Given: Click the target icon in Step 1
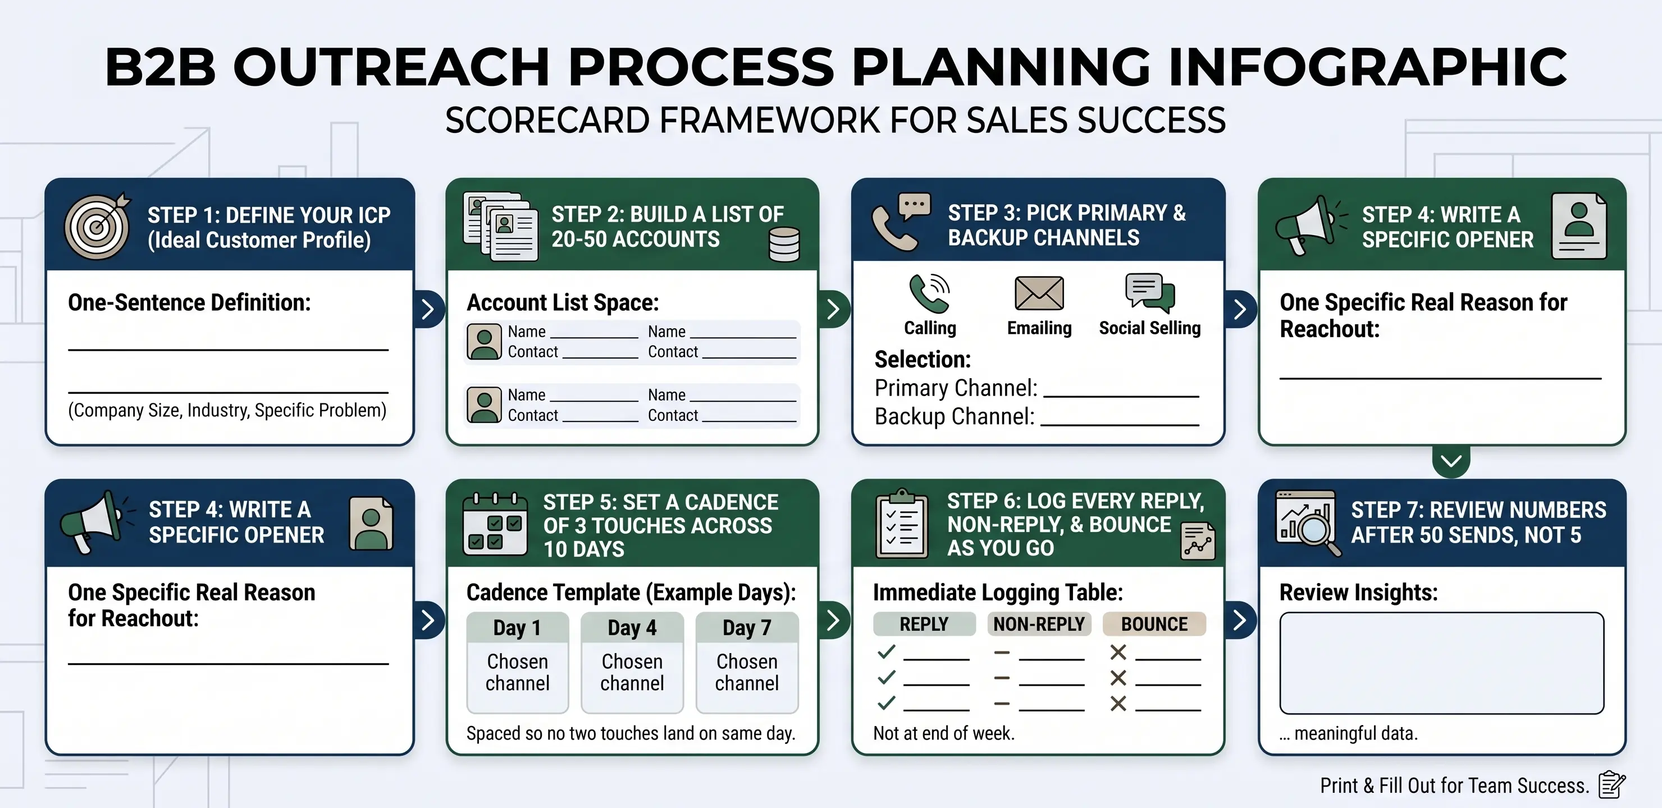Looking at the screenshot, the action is pyautogui.click(x=97, y=226).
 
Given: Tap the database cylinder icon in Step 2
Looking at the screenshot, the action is pyautogui.click(x=784, y=245).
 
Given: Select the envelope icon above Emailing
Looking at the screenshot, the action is pyautogui.click(x=1039, y=293).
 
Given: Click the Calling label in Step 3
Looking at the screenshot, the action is pyautogui.click(x=930, y=328).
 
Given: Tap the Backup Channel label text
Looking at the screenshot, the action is pyautogui.click(x=954, y=416).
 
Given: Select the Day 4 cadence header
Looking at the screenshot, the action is pyautogui.click(x=632, y=627).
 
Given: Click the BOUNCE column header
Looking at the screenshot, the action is pyautogui.click(x=1154, y=624).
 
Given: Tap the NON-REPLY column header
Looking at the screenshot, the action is pyautogui.click(x=1039, y=624).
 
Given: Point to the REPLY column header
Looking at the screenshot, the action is pyautogui.click(x=924, y=624).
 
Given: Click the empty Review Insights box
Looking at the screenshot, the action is pyautogui.click(x=1442, y=663).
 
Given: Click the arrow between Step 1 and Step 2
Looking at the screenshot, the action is pyautogui.click(x=428, y=310).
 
